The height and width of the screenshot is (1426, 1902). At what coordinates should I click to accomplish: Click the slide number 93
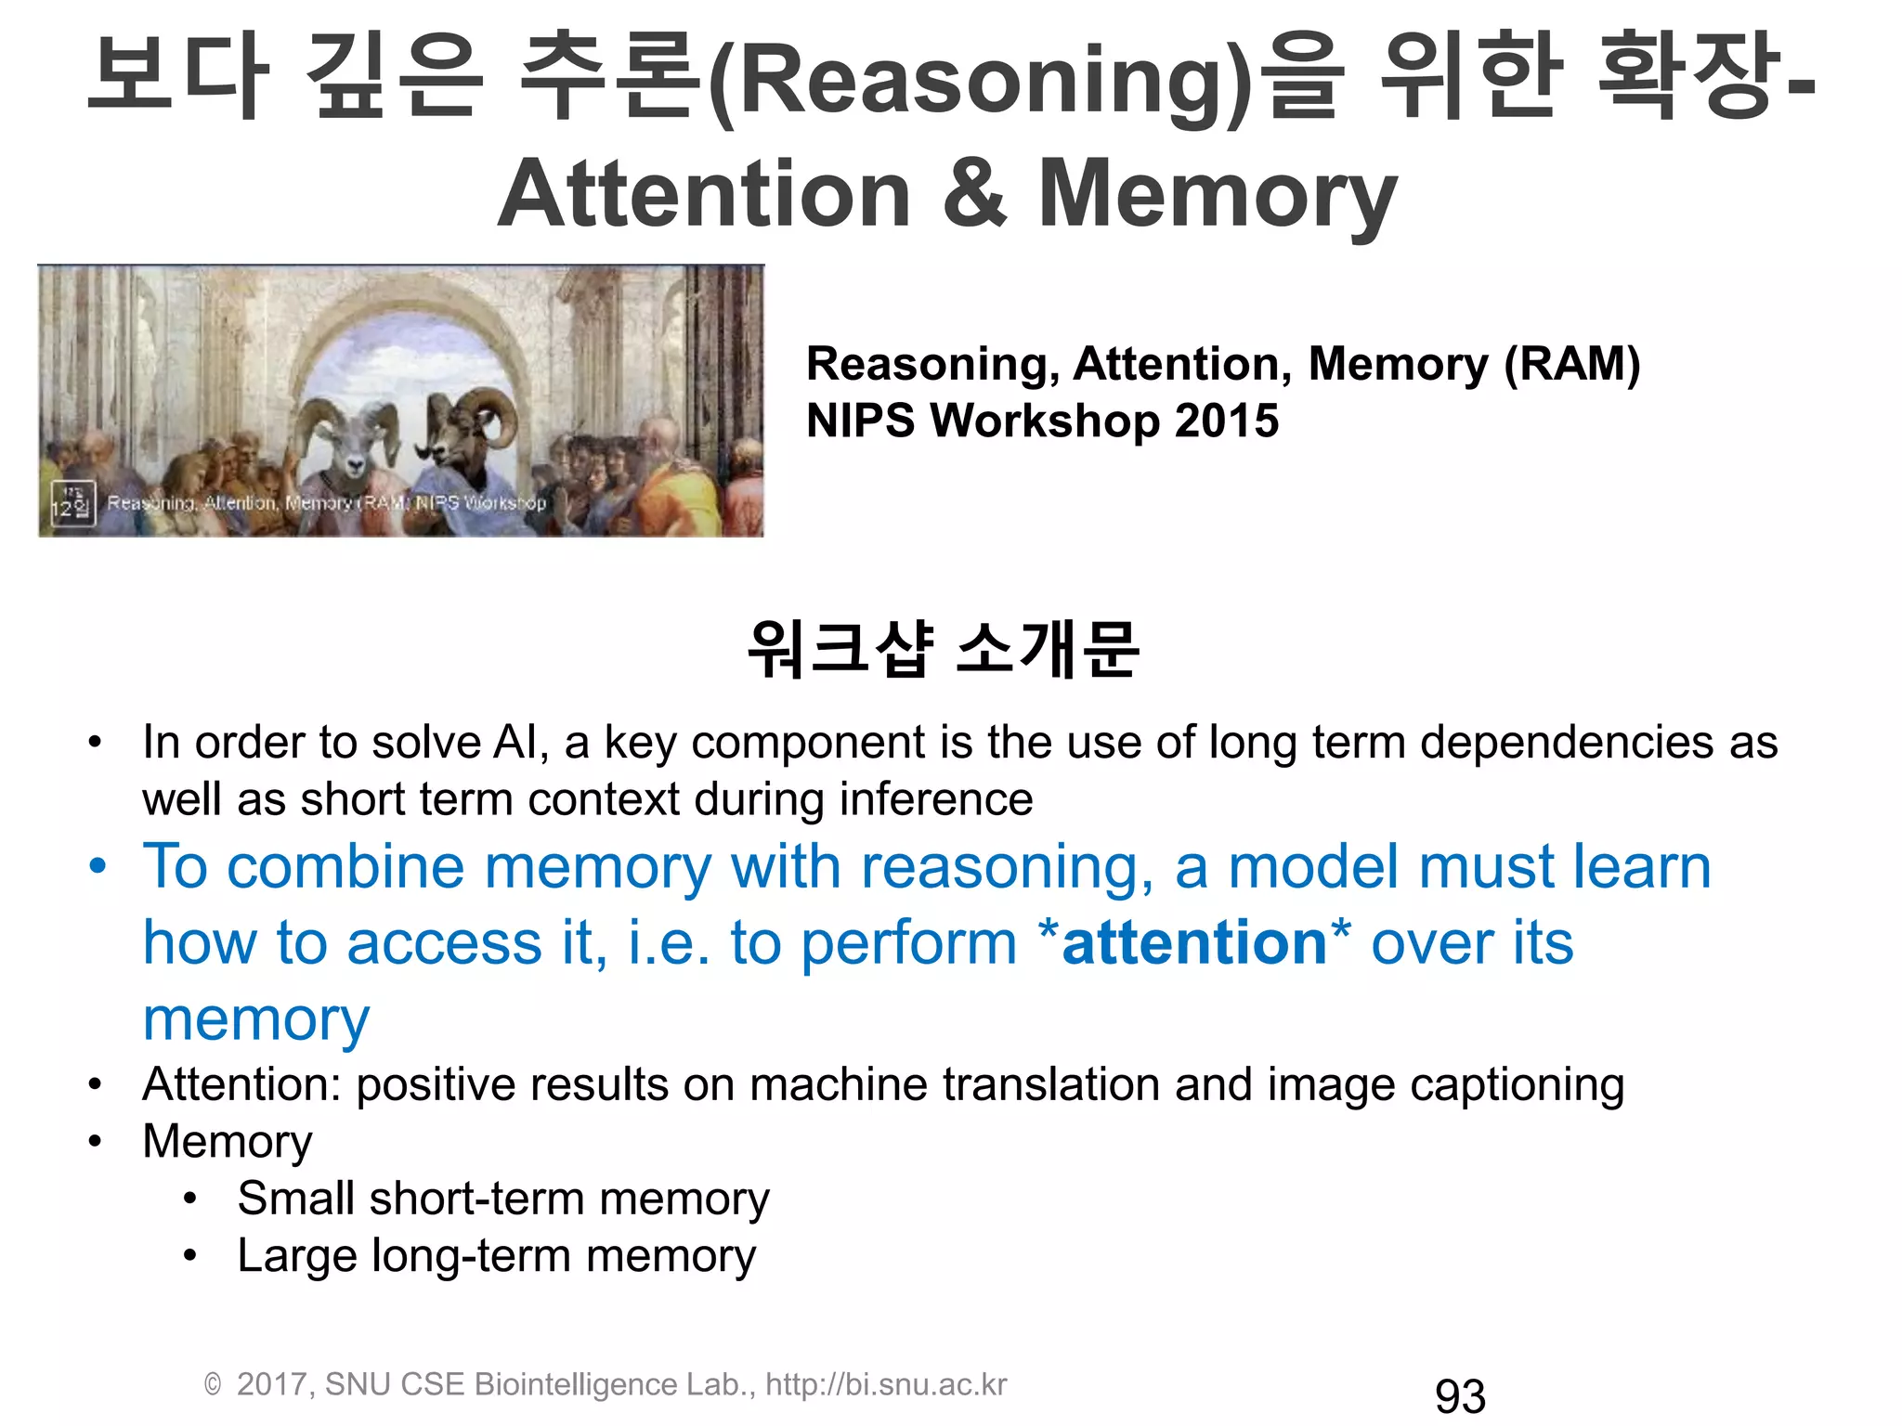[1459, 1396]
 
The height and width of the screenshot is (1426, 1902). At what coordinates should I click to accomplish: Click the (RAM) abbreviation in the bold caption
[1571, 364]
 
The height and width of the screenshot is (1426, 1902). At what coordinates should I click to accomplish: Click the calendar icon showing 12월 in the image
[72, 503]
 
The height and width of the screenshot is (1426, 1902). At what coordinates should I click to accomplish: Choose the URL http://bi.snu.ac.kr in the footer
[886, 1384]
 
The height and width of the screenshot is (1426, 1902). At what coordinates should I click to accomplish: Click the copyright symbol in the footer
[213, 1385]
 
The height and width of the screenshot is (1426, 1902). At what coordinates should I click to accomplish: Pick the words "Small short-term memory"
[502, 1199]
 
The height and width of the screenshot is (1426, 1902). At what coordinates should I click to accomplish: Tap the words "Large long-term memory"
[496, 1256]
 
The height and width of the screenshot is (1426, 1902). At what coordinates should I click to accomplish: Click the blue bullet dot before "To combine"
[98, 866]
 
